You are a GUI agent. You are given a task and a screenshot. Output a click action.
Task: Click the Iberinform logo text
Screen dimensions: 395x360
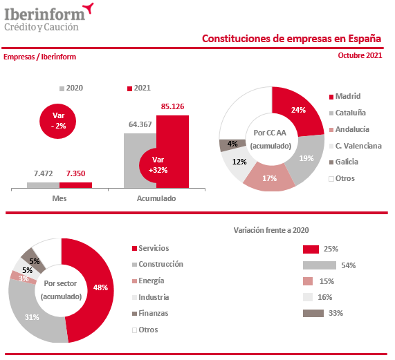point(45,14)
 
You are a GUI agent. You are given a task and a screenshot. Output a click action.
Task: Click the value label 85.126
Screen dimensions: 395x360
point(172,106)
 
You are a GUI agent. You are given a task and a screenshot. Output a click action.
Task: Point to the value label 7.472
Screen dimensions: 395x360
point(44,173)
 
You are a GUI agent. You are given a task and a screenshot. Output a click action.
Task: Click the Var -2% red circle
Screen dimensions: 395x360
point(58,121)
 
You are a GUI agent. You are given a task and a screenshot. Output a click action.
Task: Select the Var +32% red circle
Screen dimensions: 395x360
point(154,165)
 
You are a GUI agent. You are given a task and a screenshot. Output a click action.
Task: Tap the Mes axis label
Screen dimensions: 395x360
point(59,198)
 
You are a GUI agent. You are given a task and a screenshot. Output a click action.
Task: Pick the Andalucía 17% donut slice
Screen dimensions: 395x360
point(269,178)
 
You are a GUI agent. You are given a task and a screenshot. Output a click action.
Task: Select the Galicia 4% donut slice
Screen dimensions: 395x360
point(232,144)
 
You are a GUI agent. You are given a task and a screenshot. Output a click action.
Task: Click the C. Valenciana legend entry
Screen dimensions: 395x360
point(355,146)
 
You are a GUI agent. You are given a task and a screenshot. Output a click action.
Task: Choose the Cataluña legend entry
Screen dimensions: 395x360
point(348,113)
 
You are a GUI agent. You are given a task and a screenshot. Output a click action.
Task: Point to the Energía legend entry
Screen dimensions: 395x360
point(148,281)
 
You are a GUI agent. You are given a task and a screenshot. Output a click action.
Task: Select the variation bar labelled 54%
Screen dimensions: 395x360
point(320,265)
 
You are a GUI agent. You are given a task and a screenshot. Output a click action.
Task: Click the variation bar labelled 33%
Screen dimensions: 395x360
point(313,314)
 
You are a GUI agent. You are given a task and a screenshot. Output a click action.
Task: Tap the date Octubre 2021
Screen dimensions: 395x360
point(360,55)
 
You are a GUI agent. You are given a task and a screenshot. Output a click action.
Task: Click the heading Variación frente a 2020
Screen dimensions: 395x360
point(271,230)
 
